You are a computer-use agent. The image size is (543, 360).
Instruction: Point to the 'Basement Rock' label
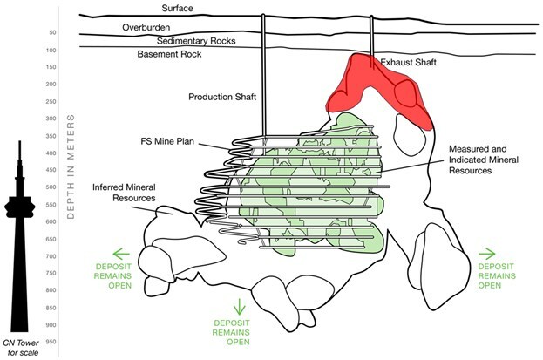coord(170,55)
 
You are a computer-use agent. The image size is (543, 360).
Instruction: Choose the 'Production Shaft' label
coord(222,97)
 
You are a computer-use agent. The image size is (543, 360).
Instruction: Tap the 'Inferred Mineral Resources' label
coord(123,192)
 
